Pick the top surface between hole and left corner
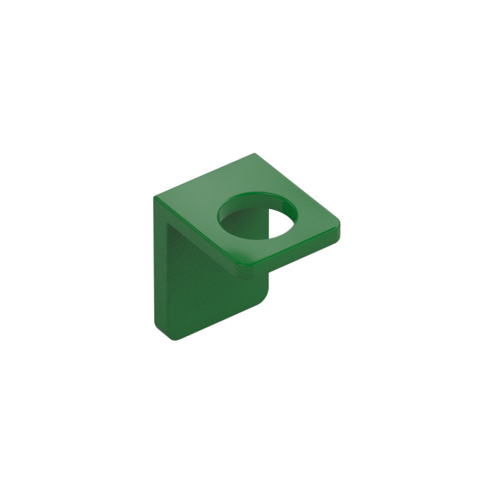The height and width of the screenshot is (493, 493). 190,202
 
